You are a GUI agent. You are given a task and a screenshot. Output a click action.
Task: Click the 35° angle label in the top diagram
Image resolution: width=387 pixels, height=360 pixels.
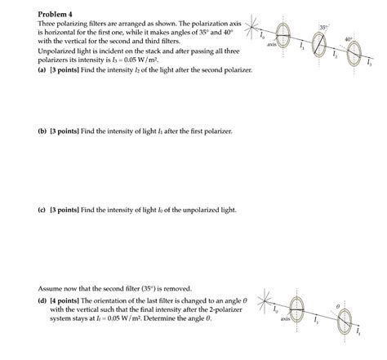pyautogui.click(x=324, y=28)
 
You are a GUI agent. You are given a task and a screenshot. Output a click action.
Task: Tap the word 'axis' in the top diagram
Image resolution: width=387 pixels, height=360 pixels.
pyautogui.click(x=272, y=45)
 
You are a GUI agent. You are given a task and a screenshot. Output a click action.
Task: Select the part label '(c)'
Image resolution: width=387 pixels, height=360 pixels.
pyautogui.click(x=42, y=210)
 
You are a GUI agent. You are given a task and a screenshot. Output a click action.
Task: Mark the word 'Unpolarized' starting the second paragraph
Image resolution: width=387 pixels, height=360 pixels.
pyautogui.click(x=59, y=50)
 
